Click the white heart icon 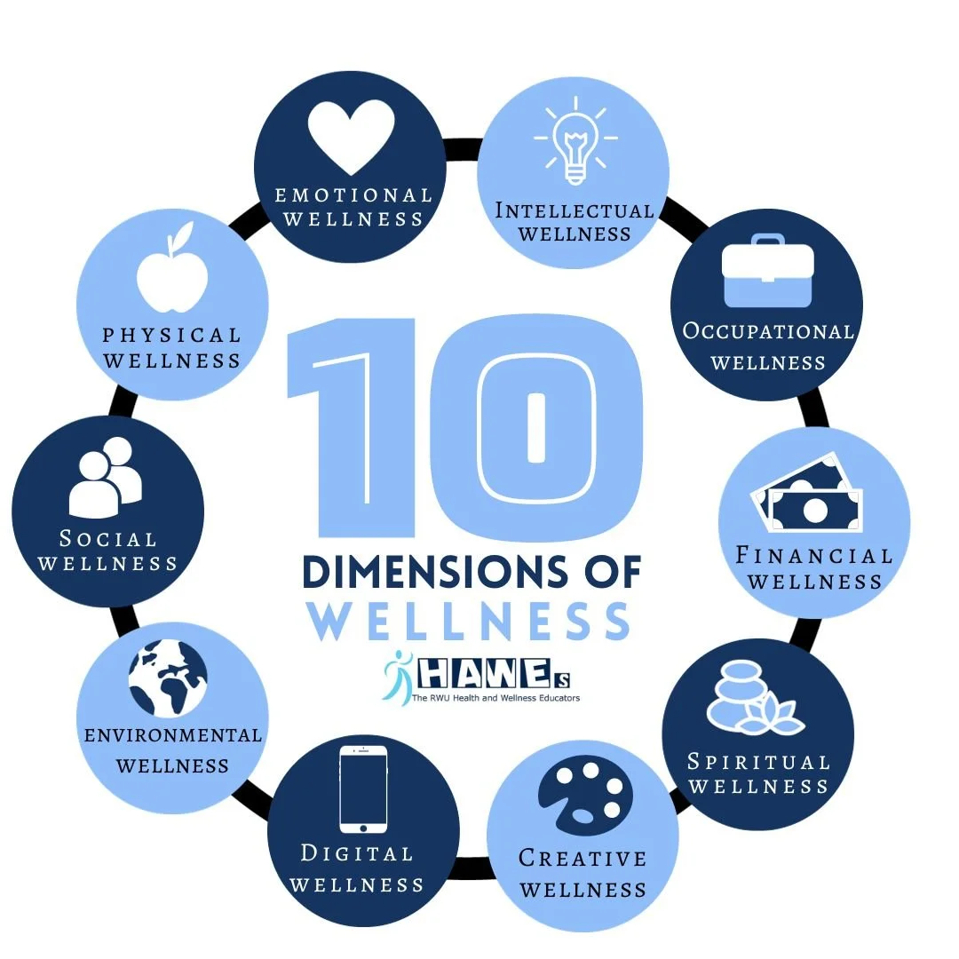[x=351, y=136]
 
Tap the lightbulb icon [x=575, y=144]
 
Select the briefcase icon [x=767, y=268]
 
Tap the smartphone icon [x=364, y=789]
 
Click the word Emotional [x=353, y=194]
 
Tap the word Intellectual [x=574, y=210]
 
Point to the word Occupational [x=768, y=331]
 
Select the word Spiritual [x=758, y=762]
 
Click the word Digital [x=357, y=853]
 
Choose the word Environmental [x=173, y=735]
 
